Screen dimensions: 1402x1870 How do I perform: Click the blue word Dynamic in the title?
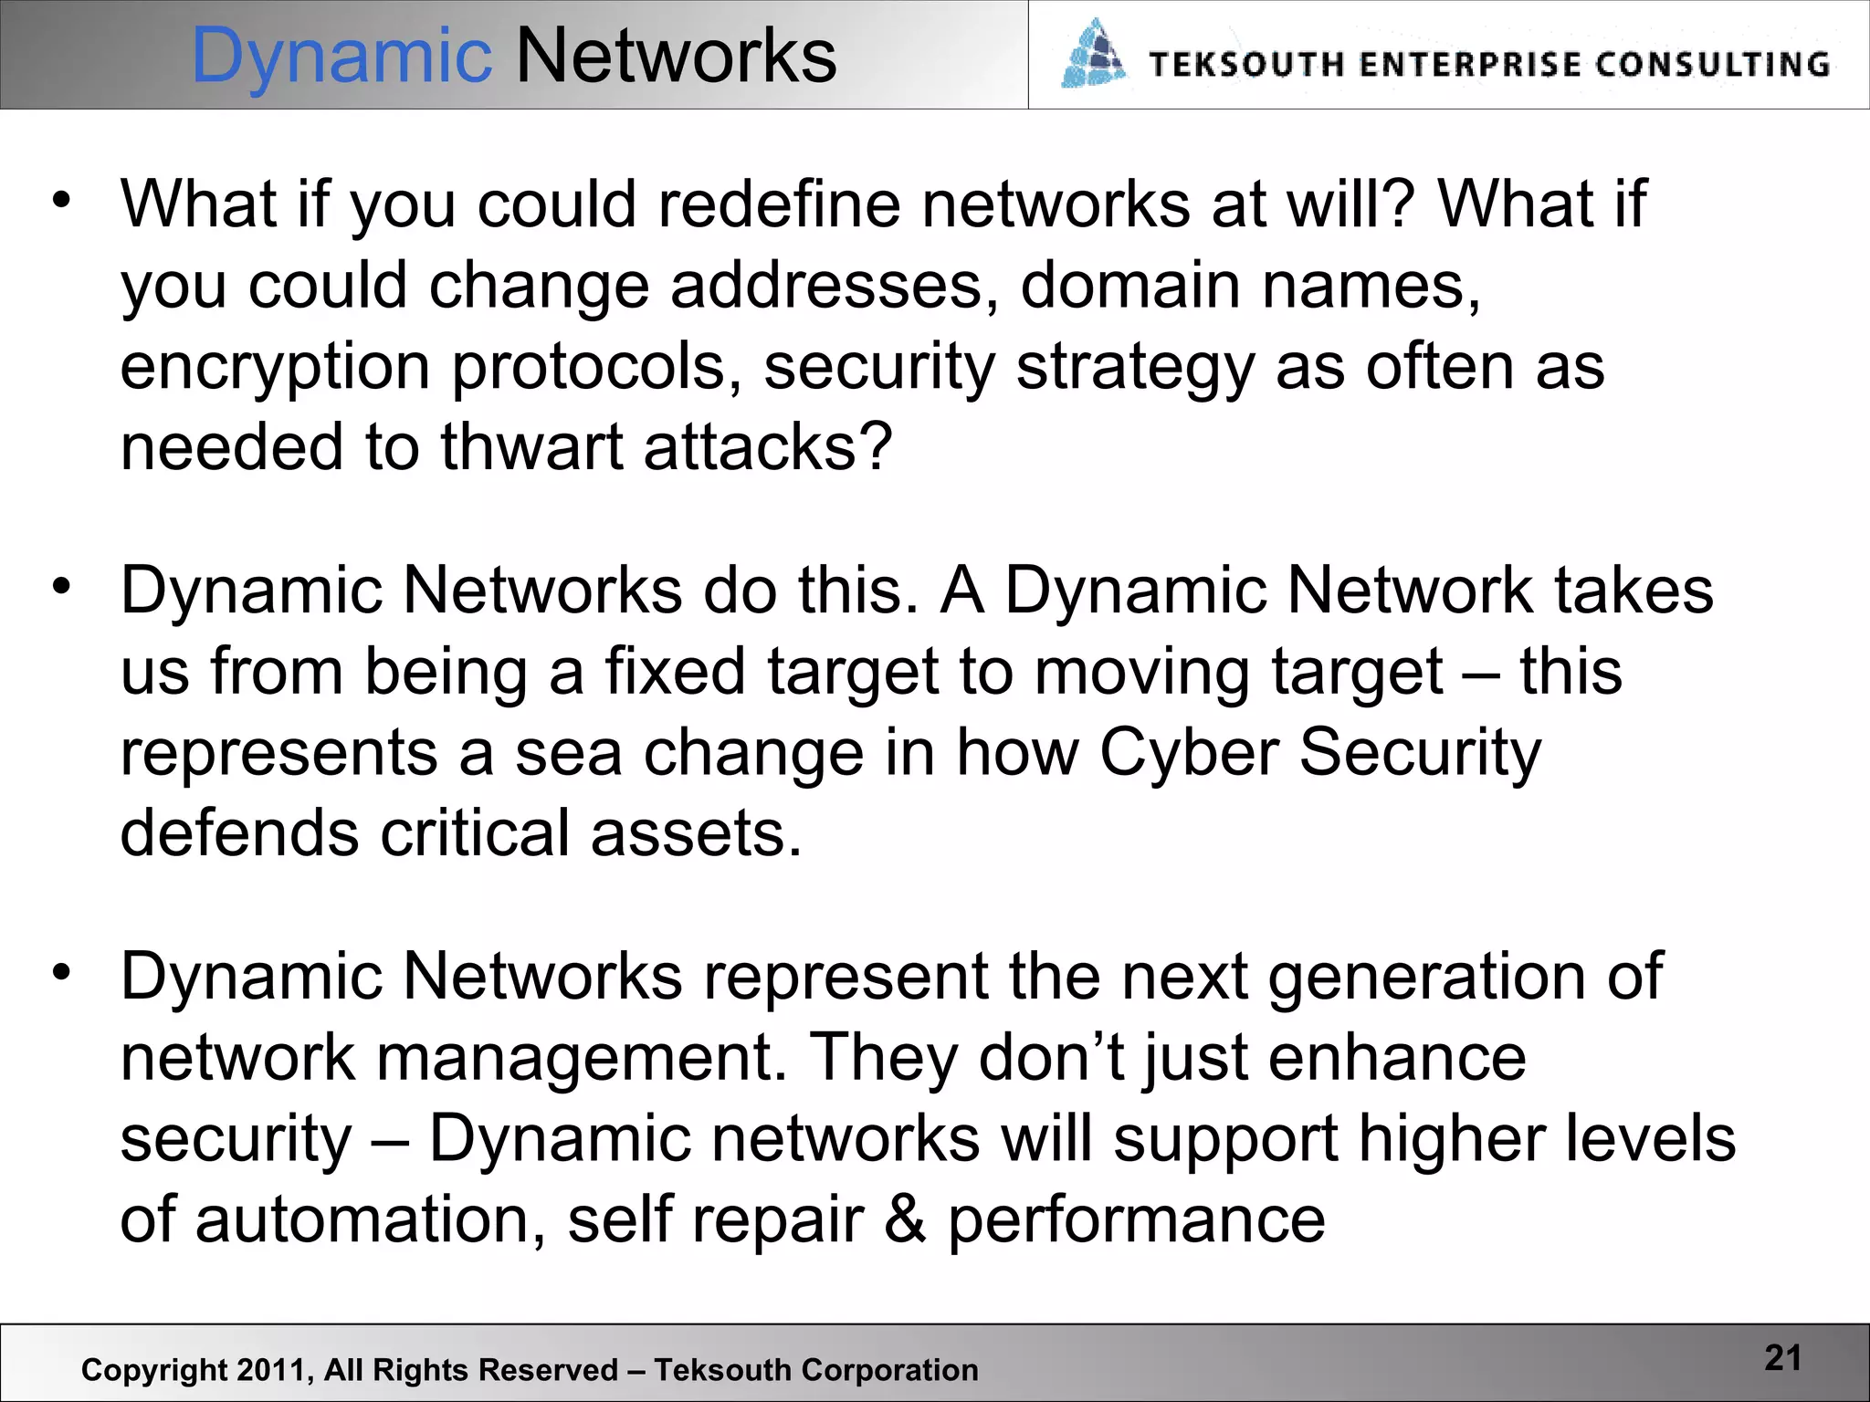[341, 57]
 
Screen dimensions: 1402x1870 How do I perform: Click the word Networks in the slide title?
[676, 57]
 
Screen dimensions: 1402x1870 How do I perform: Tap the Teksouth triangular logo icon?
[1094, 55]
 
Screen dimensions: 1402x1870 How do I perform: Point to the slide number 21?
[1782, 1358]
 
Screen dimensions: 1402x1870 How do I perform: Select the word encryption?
[275, 367]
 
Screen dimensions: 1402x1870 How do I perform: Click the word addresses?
[834, 286]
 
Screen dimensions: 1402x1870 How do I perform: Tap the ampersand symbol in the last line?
[904, 1220]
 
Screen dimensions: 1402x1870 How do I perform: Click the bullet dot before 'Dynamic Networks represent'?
[61, 972]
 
